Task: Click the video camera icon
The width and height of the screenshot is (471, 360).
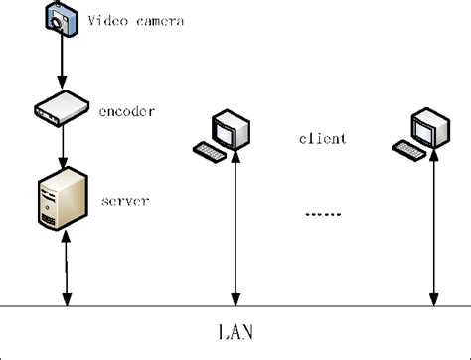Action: [x=60, y=21]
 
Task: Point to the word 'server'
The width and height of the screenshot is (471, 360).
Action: [x=126, y=201]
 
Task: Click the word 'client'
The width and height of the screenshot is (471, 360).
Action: [x=323, y=139]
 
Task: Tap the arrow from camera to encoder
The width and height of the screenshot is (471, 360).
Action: [x=61, y=65]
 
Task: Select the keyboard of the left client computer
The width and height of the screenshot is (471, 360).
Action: [x=209, y=152]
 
